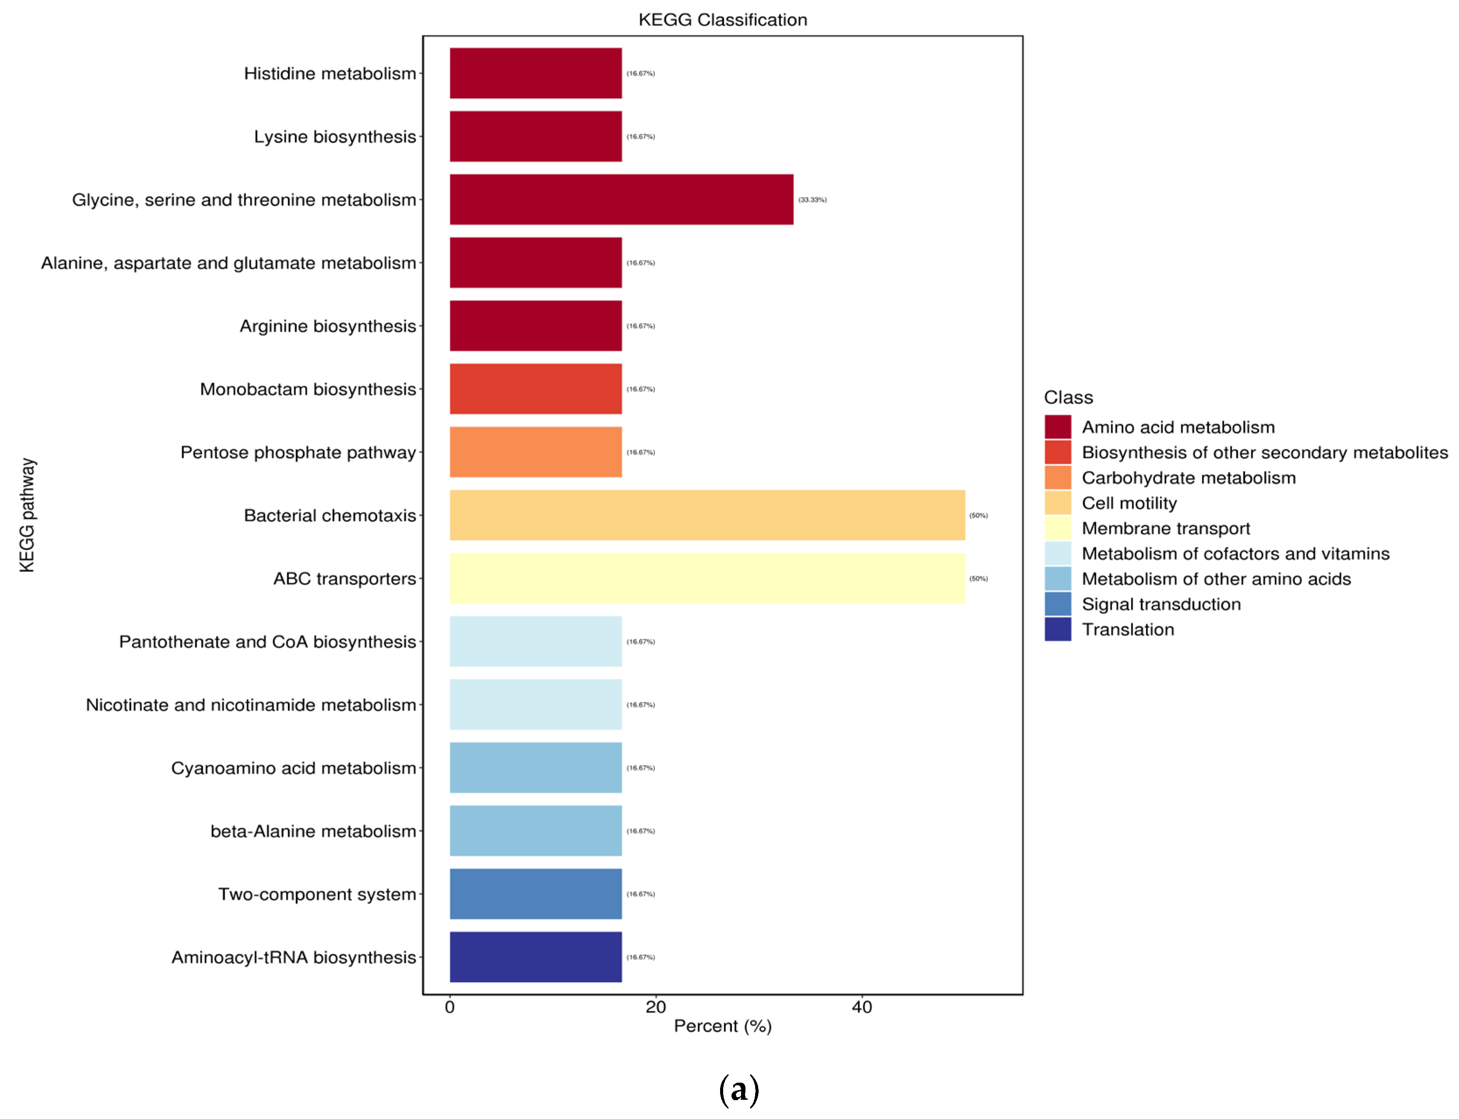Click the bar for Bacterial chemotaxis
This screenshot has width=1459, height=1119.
coord(706,515)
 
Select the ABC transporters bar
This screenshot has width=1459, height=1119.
coord(706,578)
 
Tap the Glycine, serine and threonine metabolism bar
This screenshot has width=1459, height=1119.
coord(621,199)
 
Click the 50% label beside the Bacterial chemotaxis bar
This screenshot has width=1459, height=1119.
coord(978,516)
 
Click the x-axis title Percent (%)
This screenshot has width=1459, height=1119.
coord(722,1026)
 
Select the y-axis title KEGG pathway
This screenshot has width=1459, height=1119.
coord(27,515)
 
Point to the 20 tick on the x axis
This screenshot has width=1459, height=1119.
coord(656,1007)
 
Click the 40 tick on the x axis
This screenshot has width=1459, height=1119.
coord(861,1007)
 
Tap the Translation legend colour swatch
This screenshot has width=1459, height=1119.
coord(1057,629)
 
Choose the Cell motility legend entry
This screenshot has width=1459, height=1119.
coord(1129,503)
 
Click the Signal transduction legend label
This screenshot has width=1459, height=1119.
coord(1160,604)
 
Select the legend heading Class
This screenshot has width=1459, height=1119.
coord(1068,398)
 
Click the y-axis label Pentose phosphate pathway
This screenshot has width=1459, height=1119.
coord(298,452)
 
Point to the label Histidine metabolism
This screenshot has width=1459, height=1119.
coord(329,73)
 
